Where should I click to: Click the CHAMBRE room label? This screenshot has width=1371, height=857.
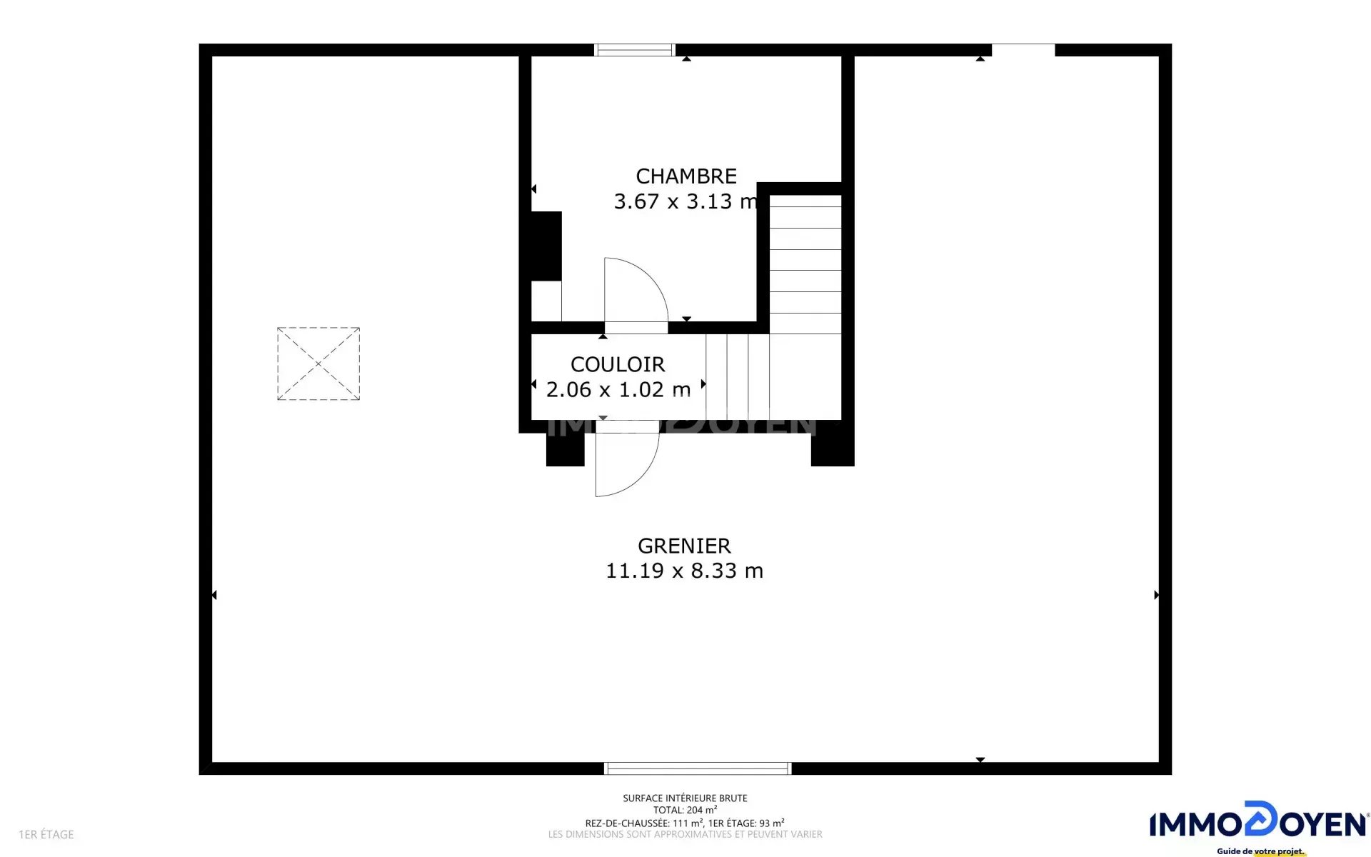pyautogui.click(x=686, y=176)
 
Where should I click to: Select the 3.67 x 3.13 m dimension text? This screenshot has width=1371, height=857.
pyautogui.click(x=686, y=201)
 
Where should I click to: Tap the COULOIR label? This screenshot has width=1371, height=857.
pyautogui.click(x=618, y=365)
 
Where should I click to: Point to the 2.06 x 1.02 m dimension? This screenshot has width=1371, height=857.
pyautogui.click(x=618, y=390)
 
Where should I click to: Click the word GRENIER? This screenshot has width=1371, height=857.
pyautogui.click(x=684, y=546)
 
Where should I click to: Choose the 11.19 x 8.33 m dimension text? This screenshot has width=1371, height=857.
pyautogui.click(x=684, y=571)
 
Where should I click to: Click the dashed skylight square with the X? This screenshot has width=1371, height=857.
pyautogui.click(x=318, y=364)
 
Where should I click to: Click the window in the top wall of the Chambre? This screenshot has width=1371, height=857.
pyautogui.click(x=635, y=50)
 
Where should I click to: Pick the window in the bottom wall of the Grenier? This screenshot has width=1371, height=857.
pyautogui.click(x=698, y=768)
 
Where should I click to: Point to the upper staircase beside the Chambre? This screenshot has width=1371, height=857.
pyautogui.click(x=805, y=264)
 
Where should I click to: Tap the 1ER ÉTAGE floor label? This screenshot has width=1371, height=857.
pyautogui.click(x=46, y=834)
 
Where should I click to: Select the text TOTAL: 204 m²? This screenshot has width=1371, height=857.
pyautogui.click(x=685, y=810)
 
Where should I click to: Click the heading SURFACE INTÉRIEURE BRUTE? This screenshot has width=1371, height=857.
pyautogui.click(x=685, y=798)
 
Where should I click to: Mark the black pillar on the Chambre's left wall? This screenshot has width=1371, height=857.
pyautogui.click(x=546, y=246)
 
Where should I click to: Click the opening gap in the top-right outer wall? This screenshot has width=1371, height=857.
pyautogui.click(x=1023, y=50)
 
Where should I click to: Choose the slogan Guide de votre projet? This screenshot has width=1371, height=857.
pyautogui.click(x=1261, y=851)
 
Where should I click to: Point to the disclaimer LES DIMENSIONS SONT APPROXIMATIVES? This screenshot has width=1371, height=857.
pyautogui.click(x=685, y=834)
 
